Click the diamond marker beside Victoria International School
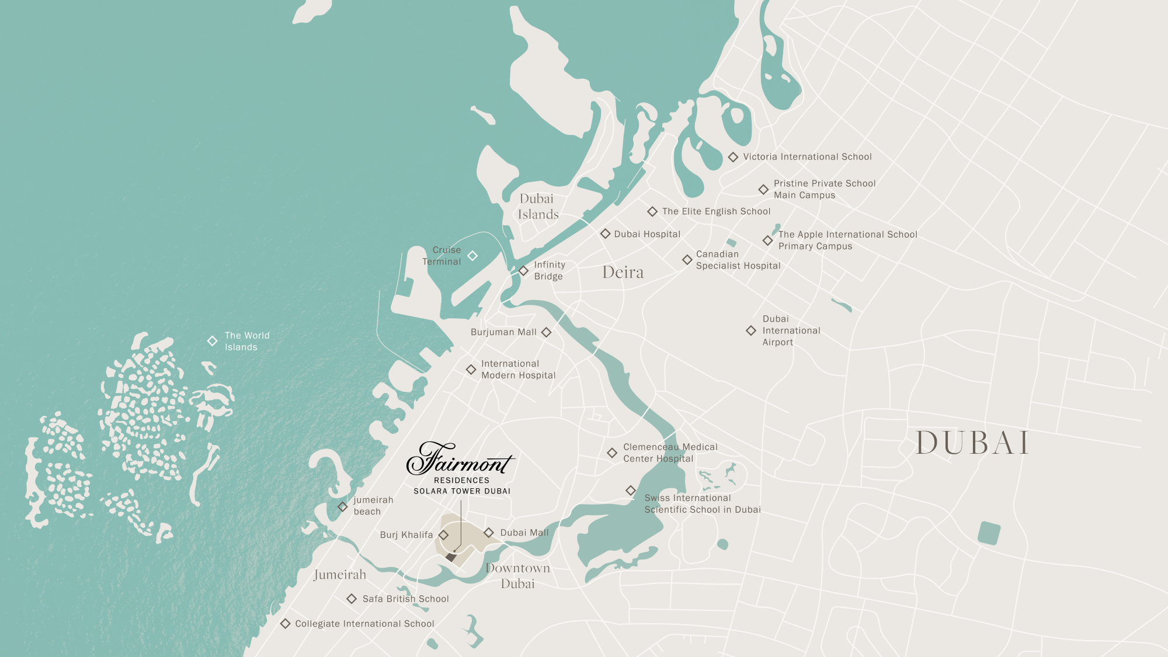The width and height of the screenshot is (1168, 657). pos(733,157)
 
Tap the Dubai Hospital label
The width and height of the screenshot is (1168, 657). pos(647,234)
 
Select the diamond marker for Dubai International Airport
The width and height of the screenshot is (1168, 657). pos(751,331)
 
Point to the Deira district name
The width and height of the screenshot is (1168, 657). pos(623,272)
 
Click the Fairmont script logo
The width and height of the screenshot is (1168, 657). pos(460,458)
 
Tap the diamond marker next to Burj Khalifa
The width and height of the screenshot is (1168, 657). pos(444,535)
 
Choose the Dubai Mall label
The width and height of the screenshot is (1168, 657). pos(524,533)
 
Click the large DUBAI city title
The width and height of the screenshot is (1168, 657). pos(972,443)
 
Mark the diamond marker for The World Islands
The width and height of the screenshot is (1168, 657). pos(213,341)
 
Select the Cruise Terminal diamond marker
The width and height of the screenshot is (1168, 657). pos(472,256)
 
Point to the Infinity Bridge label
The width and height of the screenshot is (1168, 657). pos(549,270)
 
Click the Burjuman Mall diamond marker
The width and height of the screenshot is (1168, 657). pos(546,332)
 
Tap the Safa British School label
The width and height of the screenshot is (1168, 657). pos(405,599)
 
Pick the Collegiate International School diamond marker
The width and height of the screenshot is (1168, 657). pos(286,624)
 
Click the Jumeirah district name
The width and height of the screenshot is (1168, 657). pos(340,575)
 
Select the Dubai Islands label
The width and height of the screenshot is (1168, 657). pos(538,207)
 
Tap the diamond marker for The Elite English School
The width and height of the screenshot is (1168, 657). pos(652,211)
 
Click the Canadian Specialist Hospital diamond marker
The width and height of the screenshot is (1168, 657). pos(687,260)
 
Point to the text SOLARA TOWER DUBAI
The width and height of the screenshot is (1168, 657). pos(462,491)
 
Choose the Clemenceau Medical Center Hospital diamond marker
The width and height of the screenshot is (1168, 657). pos(612,453)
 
